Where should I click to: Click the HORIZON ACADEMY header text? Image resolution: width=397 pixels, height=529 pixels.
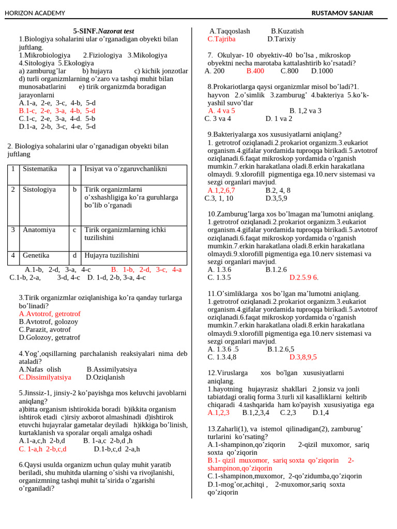click(x=35, y=13)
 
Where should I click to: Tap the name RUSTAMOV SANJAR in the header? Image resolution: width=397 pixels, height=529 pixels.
click(x=342, y=13)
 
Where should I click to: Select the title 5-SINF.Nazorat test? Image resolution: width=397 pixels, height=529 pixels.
click(x=103, y=31)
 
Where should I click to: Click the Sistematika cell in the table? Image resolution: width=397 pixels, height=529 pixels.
click(x=40, y=169)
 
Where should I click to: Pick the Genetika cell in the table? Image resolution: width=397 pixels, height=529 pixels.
click(x=36, y=255)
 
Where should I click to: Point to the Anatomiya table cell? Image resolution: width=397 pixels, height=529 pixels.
click(x=39, y=230)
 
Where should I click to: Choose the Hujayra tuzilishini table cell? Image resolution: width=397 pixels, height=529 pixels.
click(x=112, y=255)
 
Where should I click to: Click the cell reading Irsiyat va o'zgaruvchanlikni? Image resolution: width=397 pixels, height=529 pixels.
click(x=126, y=169)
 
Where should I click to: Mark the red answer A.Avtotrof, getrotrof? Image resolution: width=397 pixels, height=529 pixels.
click(x=50, y=314)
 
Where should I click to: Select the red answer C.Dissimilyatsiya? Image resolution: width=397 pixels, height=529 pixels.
click(x=45, y=377)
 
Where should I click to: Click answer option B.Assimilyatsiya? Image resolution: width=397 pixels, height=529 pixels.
click(x=112, y=369)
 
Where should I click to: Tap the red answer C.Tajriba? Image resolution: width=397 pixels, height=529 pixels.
click(x=221, y=39)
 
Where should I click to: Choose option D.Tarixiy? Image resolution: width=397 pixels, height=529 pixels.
click(x=282, y=39)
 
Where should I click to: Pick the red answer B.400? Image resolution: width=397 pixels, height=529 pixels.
click(x=255, y=71)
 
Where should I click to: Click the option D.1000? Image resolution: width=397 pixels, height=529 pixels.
click(x=322, y=71)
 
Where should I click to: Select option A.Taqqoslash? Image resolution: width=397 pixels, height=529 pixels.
click(x=230, y=31)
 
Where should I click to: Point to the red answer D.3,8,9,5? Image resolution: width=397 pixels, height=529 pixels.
click(x=303, y=357)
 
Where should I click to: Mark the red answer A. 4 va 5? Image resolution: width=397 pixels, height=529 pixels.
click(x=221, y=111)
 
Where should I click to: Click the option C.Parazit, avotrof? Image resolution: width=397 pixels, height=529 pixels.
click(x=45, y=330)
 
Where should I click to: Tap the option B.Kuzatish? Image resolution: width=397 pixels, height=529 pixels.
click(x=287, y=31)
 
